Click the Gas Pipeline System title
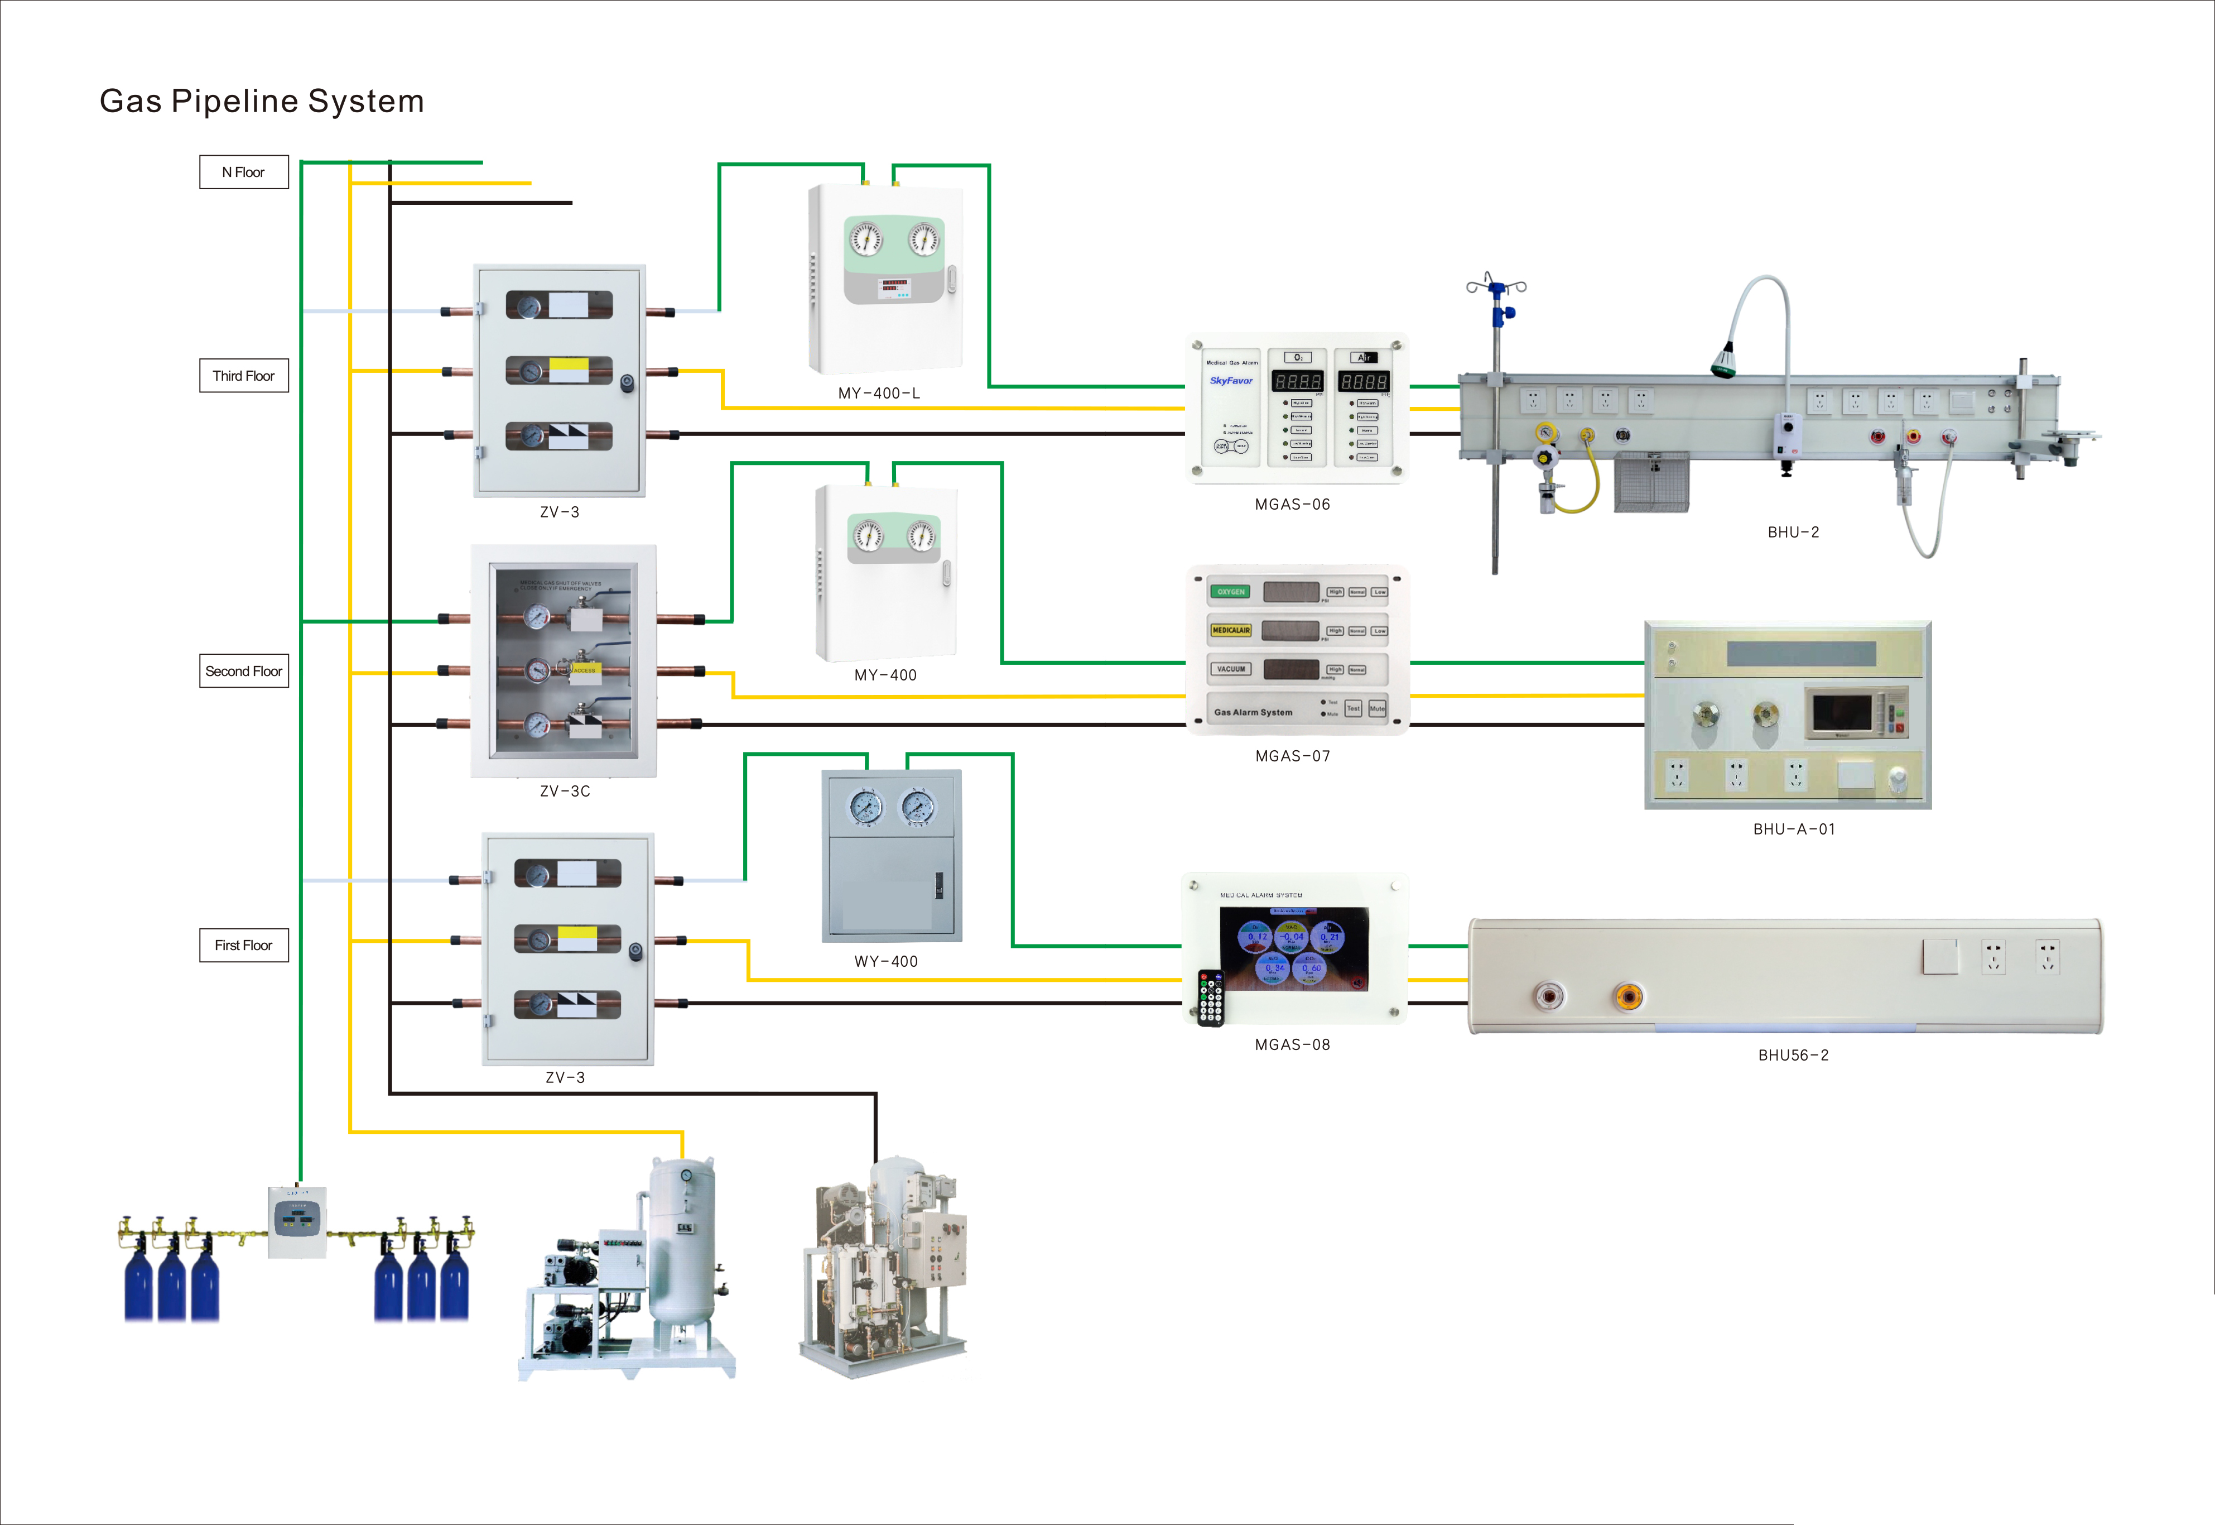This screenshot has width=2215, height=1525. [262, 101]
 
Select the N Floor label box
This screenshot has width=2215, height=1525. [244, 172]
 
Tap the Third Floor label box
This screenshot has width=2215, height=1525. [244, 376]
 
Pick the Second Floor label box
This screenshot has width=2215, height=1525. [244, 671]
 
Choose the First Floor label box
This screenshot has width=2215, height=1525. [244, 945]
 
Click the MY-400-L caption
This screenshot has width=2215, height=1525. [879, 393]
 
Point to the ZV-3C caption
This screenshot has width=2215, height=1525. [565, 791]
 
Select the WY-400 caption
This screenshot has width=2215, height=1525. [885, 961]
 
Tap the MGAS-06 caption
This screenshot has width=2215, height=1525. [1292, 505]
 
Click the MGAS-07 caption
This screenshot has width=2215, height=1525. [1292, 756]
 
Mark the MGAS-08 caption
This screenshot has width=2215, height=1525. [1292, 1044]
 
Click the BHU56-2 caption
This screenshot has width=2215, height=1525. [1793, 1055]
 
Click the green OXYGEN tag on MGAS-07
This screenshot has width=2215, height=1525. [1230, 592]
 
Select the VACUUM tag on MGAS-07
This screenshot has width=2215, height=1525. [1230, 669]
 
